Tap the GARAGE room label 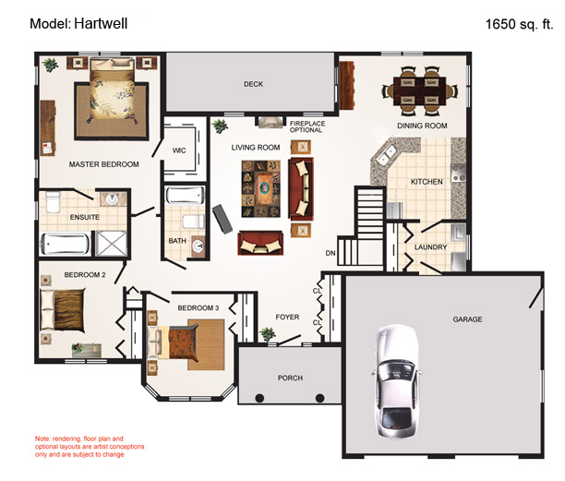[467, 319]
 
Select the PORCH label [290, 378]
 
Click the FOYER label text [288, 317]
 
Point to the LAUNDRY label [431, 247]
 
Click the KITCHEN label [427, 181]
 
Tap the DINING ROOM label [422, 126]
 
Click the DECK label [254, 84]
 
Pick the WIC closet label [179, 149]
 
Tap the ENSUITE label [84, 217]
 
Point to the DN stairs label [330, 252]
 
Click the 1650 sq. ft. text [519, 25]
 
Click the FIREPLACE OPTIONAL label [307, 126]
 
